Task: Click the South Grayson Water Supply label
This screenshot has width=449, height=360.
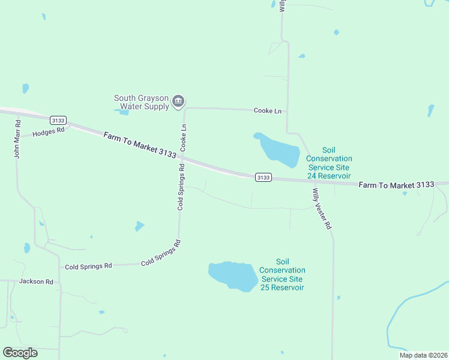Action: (x=142, y=103)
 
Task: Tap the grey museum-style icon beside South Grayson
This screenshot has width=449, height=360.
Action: (x=178, y=101)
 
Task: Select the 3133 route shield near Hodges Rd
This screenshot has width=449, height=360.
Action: (x=58, y=120)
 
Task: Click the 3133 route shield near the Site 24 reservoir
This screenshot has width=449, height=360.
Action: (x=263, y=177)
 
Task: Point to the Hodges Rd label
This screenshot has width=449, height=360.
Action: (x=48, y=131)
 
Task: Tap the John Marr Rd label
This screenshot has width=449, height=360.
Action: (x=18, y=139)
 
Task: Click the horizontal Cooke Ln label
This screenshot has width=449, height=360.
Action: (x=267, y=111)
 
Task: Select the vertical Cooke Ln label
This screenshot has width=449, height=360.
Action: (x=184, y=137)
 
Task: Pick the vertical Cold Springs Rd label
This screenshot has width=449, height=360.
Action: (x=180, y=187)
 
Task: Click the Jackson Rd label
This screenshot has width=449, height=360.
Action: (x=36, y=281)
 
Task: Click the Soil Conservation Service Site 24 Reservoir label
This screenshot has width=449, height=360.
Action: (x=328, y=163)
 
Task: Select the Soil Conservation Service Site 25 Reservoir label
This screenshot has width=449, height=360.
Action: (x=283, y=275)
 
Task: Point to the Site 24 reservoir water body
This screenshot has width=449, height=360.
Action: (x=279, y=151)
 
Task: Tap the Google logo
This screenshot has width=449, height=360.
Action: (x=20, y=353)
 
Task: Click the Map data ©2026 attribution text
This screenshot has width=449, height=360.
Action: (x=423, y=355)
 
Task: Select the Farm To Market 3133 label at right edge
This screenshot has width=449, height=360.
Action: (x=396, y=185)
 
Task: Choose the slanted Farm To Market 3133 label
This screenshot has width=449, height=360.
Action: (x=139, y=145)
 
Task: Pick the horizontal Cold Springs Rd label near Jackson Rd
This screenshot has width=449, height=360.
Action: (x=88, y=266)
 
